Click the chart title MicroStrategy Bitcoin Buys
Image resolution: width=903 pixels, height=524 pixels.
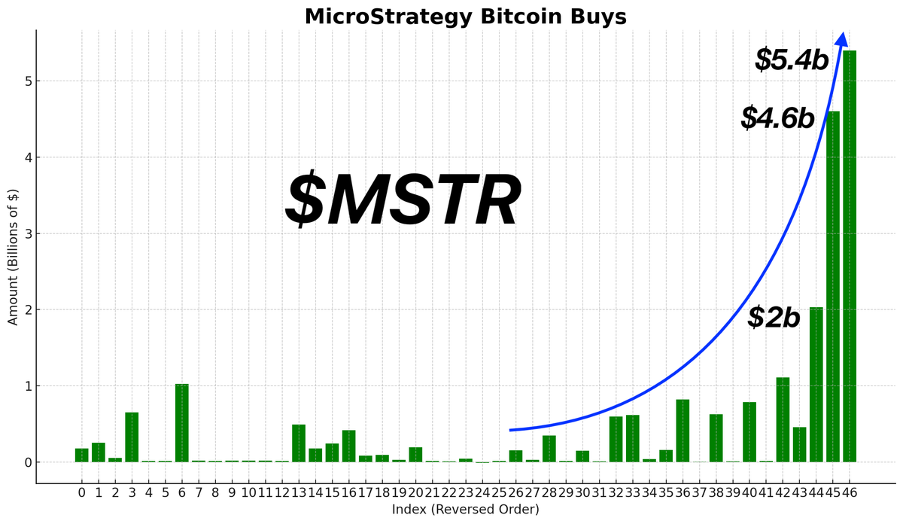click(x=465, y=17)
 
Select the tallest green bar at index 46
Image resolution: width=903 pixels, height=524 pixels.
click(x=850, y=256)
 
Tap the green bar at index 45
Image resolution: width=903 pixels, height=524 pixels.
click(x=833, y=286)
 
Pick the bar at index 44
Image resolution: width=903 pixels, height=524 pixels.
click(x=816, y=384)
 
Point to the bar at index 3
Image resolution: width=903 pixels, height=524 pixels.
click(x=132, y=437)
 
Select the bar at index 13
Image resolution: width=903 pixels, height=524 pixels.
click(x=299, y=443)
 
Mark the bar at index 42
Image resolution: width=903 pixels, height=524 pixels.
click(x=783, y=419)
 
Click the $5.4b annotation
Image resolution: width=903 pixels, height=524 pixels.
click(x=792, y=60)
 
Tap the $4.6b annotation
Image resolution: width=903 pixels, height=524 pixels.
click(x=777, y=118)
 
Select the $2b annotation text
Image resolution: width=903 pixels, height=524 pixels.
click(x=774, y=318)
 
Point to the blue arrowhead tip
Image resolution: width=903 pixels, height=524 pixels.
click(x=843, y=34)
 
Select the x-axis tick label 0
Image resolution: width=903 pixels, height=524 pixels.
click(x=81, y=493)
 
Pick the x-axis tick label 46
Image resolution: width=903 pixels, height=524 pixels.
click(x=850, y=493)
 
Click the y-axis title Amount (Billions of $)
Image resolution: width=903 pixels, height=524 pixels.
click(x=13, y=257)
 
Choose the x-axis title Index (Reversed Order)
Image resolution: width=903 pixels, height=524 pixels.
click(x=465, y=510)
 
